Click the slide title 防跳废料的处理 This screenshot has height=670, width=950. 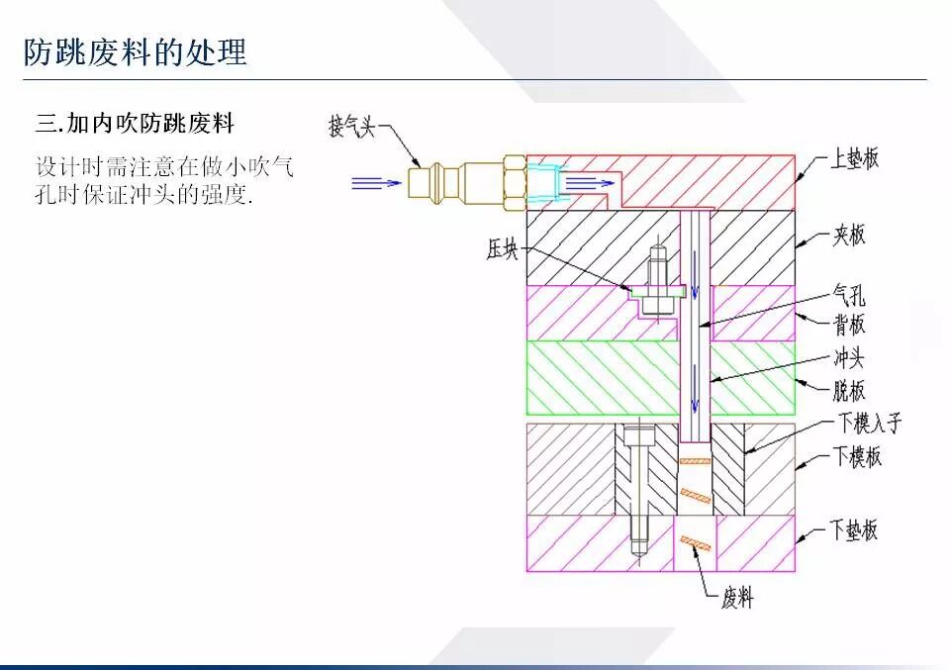pyautogui.click(x=136, y=51)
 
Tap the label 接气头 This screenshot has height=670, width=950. pyautogui.click(x=352, y=126)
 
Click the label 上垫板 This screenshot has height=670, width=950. pyautogui.click(x=854, y=157)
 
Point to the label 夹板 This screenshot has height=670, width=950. pyautogui.click(x=848, y=235)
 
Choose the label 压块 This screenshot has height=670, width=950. pyautogui.click(x=502, y=250)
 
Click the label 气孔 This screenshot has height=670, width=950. pyautogui.click(x=848, y=295)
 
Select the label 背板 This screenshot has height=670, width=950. pyautogui.click(x=848, y=324)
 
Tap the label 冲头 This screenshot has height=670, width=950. pyautogui.click(x=848, y=358)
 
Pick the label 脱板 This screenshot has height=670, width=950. pyautogui.click(x=848, y=388)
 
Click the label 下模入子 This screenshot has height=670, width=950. pyautogui.click(x=870, y=425)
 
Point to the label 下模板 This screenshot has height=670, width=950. pyautogui.click(x=856, y=456)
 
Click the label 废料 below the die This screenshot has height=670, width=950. pyautogui.click(x=738, y=598)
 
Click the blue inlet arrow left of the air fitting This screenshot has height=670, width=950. pyautogui.click(x=376, y=182)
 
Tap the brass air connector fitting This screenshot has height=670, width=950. pyautogui.click(x=465, y=182)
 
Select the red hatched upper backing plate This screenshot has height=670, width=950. pyautogui.click(x=693, y=178)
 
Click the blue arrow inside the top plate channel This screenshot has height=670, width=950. pyautogui.click(x=590, y=182)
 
